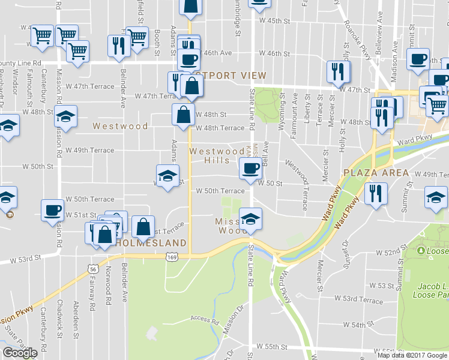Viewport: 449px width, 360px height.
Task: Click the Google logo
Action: coord(20,353)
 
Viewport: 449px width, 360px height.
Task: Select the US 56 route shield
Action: coord(93,269)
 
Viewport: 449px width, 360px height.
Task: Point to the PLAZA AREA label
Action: coord(376,173)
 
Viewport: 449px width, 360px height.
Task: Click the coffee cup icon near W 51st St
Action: coord(52,211)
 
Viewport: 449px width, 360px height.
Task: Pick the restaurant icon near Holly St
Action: coord(339,73)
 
